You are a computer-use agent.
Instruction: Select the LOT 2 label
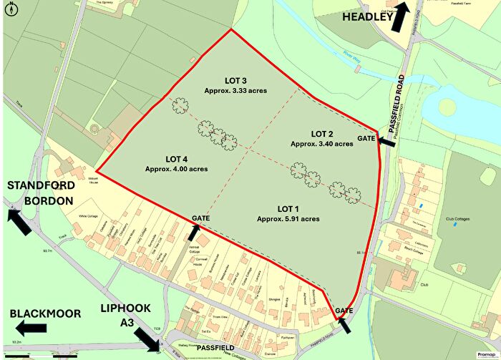[x=322, y=134]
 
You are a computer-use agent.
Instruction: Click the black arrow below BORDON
[x=21, y=220]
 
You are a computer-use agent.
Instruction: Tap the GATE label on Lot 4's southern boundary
[x=200, y=218]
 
